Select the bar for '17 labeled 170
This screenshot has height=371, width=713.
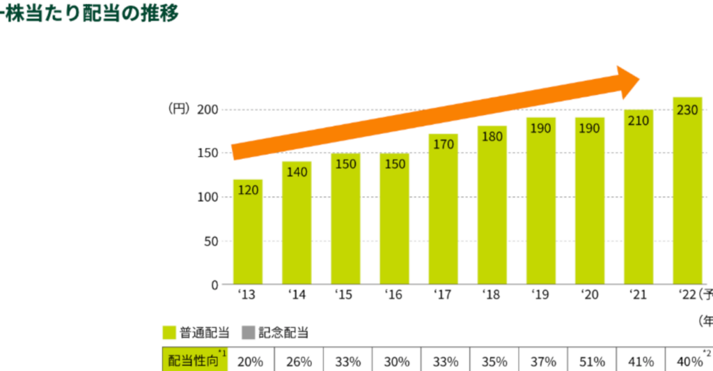click(443, 209)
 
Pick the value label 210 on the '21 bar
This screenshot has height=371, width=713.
click(638, 121)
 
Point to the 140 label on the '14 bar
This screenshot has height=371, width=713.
click(297, 172)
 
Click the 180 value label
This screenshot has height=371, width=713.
click(492, 137)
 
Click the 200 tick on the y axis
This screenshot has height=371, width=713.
click(207, 109)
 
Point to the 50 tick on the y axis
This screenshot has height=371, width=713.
click(212, 241)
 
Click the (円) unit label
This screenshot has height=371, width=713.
click(179, 109)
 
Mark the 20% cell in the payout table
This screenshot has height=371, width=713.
click(249, 361)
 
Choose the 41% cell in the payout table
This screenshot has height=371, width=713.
click(640, 361)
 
